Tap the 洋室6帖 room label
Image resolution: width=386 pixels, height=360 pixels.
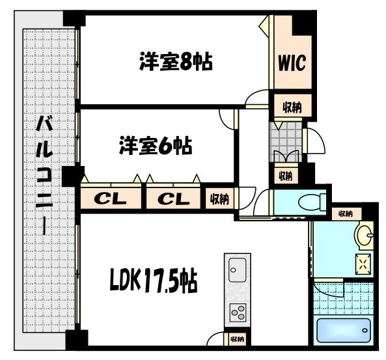click(155, 146)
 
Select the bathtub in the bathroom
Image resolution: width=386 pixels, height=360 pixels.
click(344, 330)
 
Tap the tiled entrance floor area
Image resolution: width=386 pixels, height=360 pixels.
click(286, 136)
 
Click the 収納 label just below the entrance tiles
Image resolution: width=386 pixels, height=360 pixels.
click(285, 175)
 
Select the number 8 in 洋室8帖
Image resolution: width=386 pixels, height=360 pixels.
click(188, 62)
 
